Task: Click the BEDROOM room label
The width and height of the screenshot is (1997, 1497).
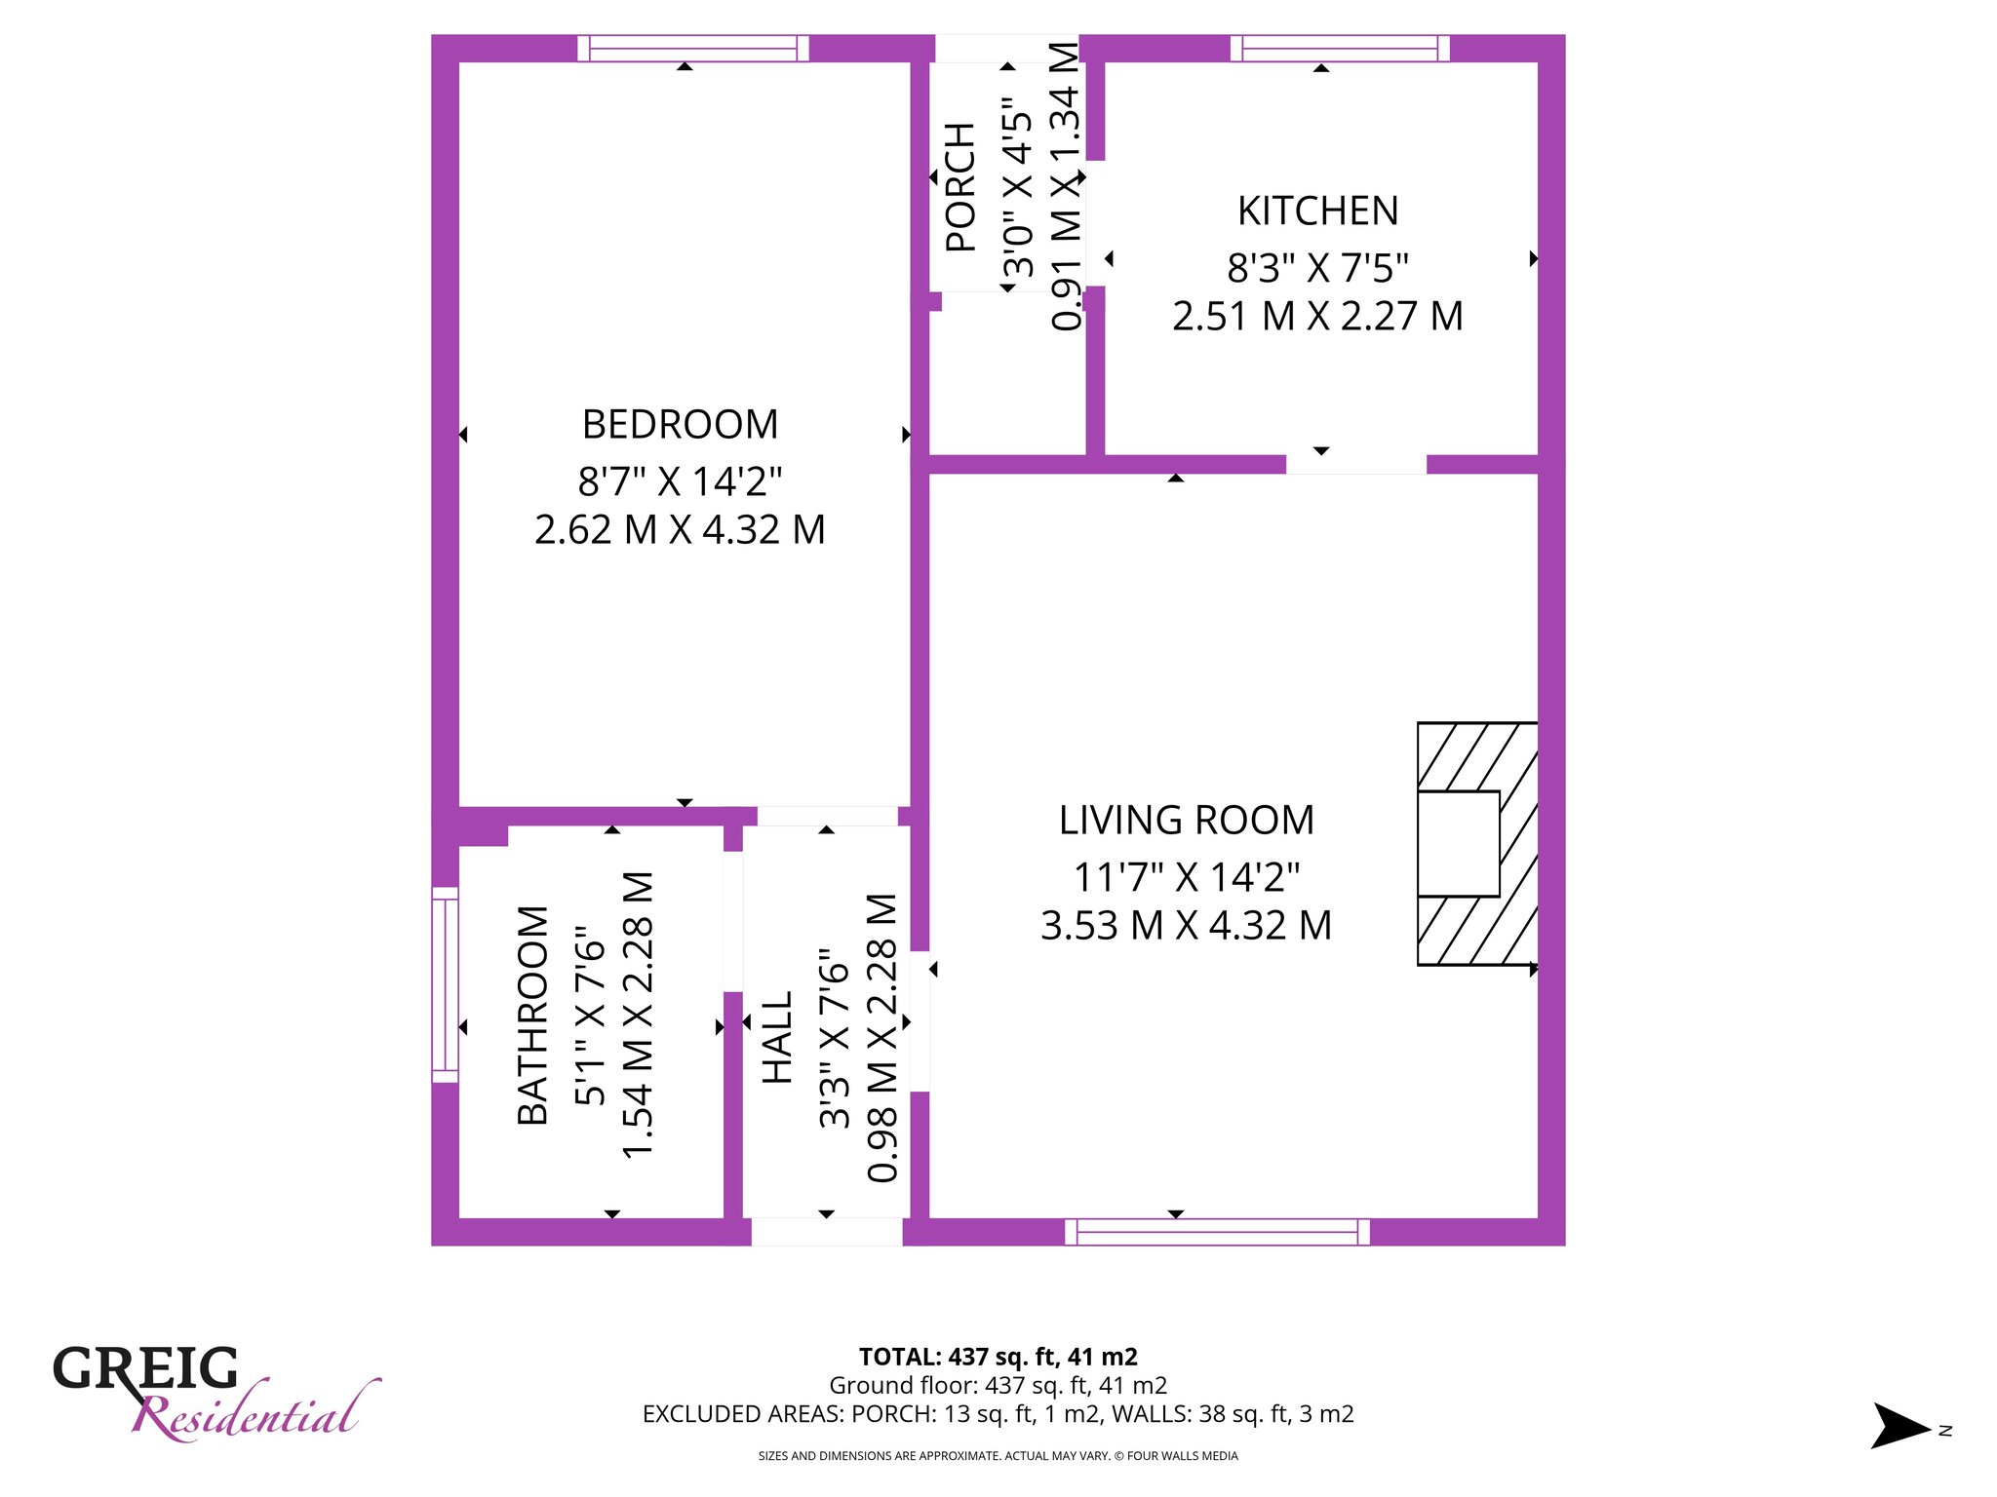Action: pos(680,425)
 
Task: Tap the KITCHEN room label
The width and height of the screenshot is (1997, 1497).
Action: pos(1317,211)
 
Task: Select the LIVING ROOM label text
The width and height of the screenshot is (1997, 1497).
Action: pos(1187,821)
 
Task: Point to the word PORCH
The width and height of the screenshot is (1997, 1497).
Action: pos(960,187)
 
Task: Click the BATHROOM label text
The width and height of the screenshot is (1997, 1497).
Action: pos(532,1016)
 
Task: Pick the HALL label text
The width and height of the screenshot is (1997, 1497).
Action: pos(777,1038)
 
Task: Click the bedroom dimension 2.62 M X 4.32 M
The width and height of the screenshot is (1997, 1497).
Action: pos(680,530)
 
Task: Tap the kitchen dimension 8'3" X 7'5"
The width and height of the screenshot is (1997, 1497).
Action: pos(1317,267)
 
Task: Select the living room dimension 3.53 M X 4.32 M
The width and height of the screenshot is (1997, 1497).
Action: pos(1187,926)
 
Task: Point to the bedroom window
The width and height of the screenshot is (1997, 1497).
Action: pos(693,48)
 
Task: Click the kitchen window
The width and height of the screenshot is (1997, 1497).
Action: pos(1340,48)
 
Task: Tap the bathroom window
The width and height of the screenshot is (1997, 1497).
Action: pos(445,984)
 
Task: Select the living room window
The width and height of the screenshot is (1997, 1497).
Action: pos(1217,1232)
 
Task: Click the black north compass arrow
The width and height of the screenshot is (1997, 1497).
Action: pos(1899,1426)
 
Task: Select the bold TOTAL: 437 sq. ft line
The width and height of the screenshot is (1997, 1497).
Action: pos(998,1357)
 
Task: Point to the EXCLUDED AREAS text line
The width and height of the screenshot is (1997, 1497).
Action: pos(998,1414)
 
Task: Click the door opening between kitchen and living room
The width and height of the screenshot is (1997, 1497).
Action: pos(1356,464)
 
